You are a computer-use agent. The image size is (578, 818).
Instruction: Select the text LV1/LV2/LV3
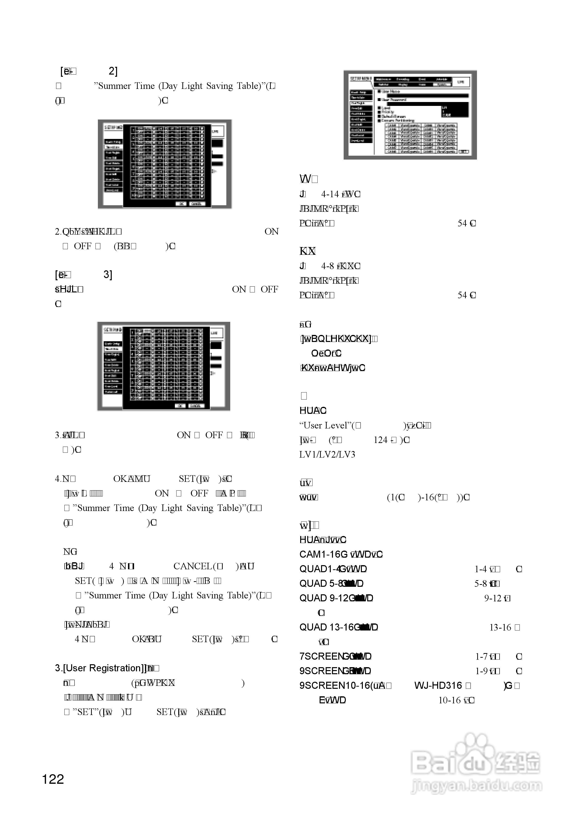coord(327,455)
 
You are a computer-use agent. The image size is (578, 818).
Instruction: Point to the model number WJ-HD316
coord(438,685)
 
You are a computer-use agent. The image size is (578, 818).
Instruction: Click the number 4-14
coord(330,194)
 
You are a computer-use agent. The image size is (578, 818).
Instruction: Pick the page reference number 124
coord(380,440)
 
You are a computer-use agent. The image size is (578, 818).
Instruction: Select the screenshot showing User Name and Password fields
coord(410,115)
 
